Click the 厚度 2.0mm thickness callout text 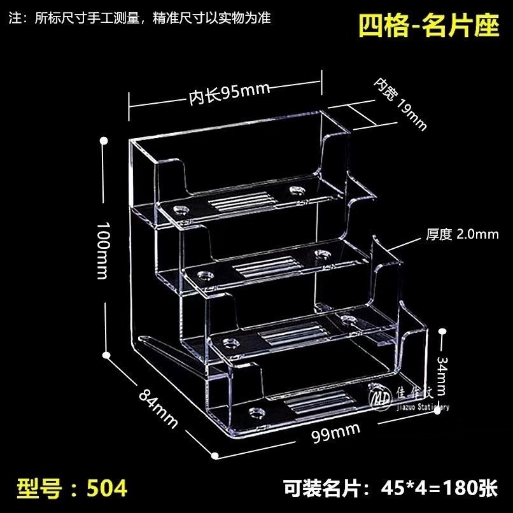coord(461,234)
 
